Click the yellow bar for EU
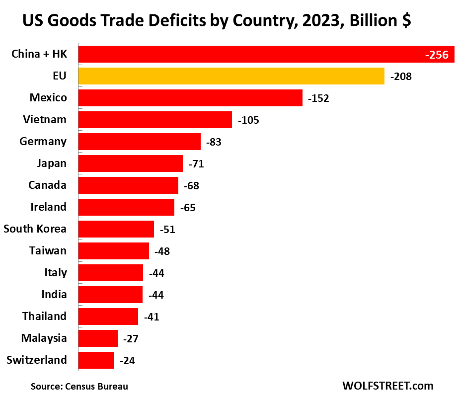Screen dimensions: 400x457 coord(231,76)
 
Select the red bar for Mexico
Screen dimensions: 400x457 coord(190,98)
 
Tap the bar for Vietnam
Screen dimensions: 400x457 coord(155,120)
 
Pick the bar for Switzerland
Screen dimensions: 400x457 coord(96,360)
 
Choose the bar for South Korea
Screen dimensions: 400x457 coord(116,229)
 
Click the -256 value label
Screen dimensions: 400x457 coord(437,55)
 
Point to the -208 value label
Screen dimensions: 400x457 coord(401,77)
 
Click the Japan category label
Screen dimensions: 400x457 coord(52,163)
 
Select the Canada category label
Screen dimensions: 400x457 coord(47,185)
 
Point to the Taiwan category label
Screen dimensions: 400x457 coord(48,250)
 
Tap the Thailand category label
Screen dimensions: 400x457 coord(44,316)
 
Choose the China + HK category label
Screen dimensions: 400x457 coord(39,54)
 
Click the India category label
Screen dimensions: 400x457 coord(54,294)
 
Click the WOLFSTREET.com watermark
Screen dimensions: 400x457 coord(387,386)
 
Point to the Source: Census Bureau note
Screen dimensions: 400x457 coord(79,386)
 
